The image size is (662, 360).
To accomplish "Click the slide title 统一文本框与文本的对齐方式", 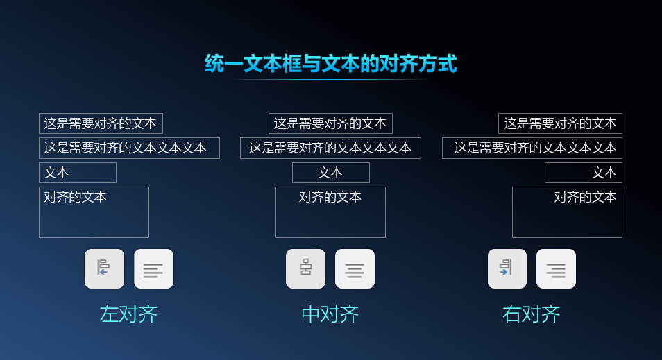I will pyautogui.click(x=330, y=64).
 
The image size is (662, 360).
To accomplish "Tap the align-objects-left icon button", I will pyautogui.click(x=104, y=268).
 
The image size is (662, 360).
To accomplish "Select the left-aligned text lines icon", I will pyautogui.click(x=153, y=269).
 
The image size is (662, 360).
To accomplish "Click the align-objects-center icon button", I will pyautogui.click(x=305, y=268).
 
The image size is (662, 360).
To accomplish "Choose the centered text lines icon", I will pyautogui.click(x=355, y=269).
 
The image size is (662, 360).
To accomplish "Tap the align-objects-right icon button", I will pyautogui.click(x=507, y=268).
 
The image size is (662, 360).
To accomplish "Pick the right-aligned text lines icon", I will pyautogui.click(x=556, y=269).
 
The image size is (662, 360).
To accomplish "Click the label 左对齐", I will pyautogui.click(x=128, y=314).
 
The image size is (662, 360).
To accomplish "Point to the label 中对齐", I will pyautogui.click(x=330, y=314).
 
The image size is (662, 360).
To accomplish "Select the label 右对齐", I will pyautogui.click(x=532, y=314).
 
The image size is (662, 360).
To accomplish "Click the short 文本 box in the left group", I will pyautogui.click(x=77, y=173).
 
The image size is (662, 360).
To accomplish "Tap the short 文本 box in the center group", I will pyautogui.click(x=330, y=173).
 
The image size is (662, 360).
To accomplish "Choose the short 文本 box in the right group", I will pyautogui.click(x=584, y=173).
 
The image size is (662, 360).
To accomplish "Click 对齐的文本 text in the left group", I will pyautogui.click(x=75, y=197).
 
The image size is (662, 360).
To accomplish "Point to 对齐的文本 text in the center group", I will pyautogui.click(x=330, y=197).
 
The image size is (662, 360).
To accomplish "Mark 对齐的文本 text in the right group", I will pyautogui.click(x=585, y=197).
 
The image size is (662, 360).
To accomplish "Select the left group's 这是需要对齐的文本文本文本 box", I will pyautogui.click(x=129, y=148).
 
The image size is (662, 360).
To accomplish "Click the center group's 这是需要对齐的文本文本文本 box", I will pyautogui.click(x=330, y=148).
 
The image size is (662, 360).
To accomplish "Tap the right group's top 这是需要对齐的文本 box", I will pyautogui.click(x=560, y=123).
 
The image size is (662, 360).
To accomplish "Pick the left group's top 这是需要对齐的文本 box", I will pyautogui.click(x=101, y=123).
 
